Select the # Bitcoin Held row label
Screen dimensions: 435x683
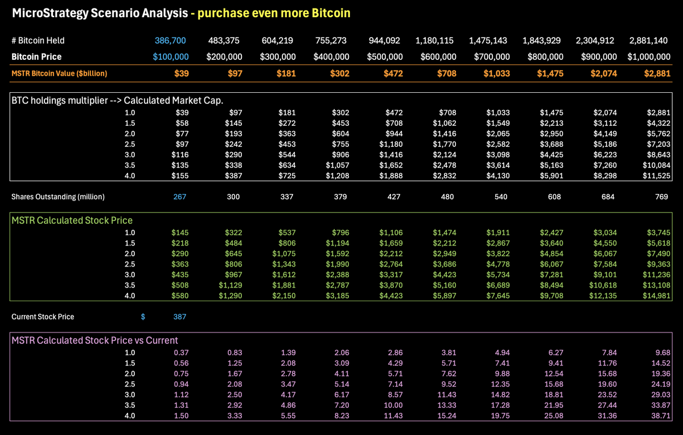point(38,40)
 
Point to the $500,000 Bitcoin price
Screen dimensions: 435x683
point(382,57)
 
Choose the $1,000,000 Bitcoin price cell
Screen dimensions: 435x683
point(649,57)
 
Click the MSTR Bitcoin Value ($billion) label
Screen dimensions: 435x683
point(59,73)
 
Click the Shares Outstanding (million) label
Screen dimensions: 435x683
point(57,197)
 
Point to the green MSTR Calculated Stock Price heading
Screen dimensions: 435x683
point(72,220)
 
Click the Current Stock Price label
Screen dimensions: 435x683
point(43,317)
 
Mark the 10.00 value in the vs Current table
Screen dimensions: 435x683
point(393,406)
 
